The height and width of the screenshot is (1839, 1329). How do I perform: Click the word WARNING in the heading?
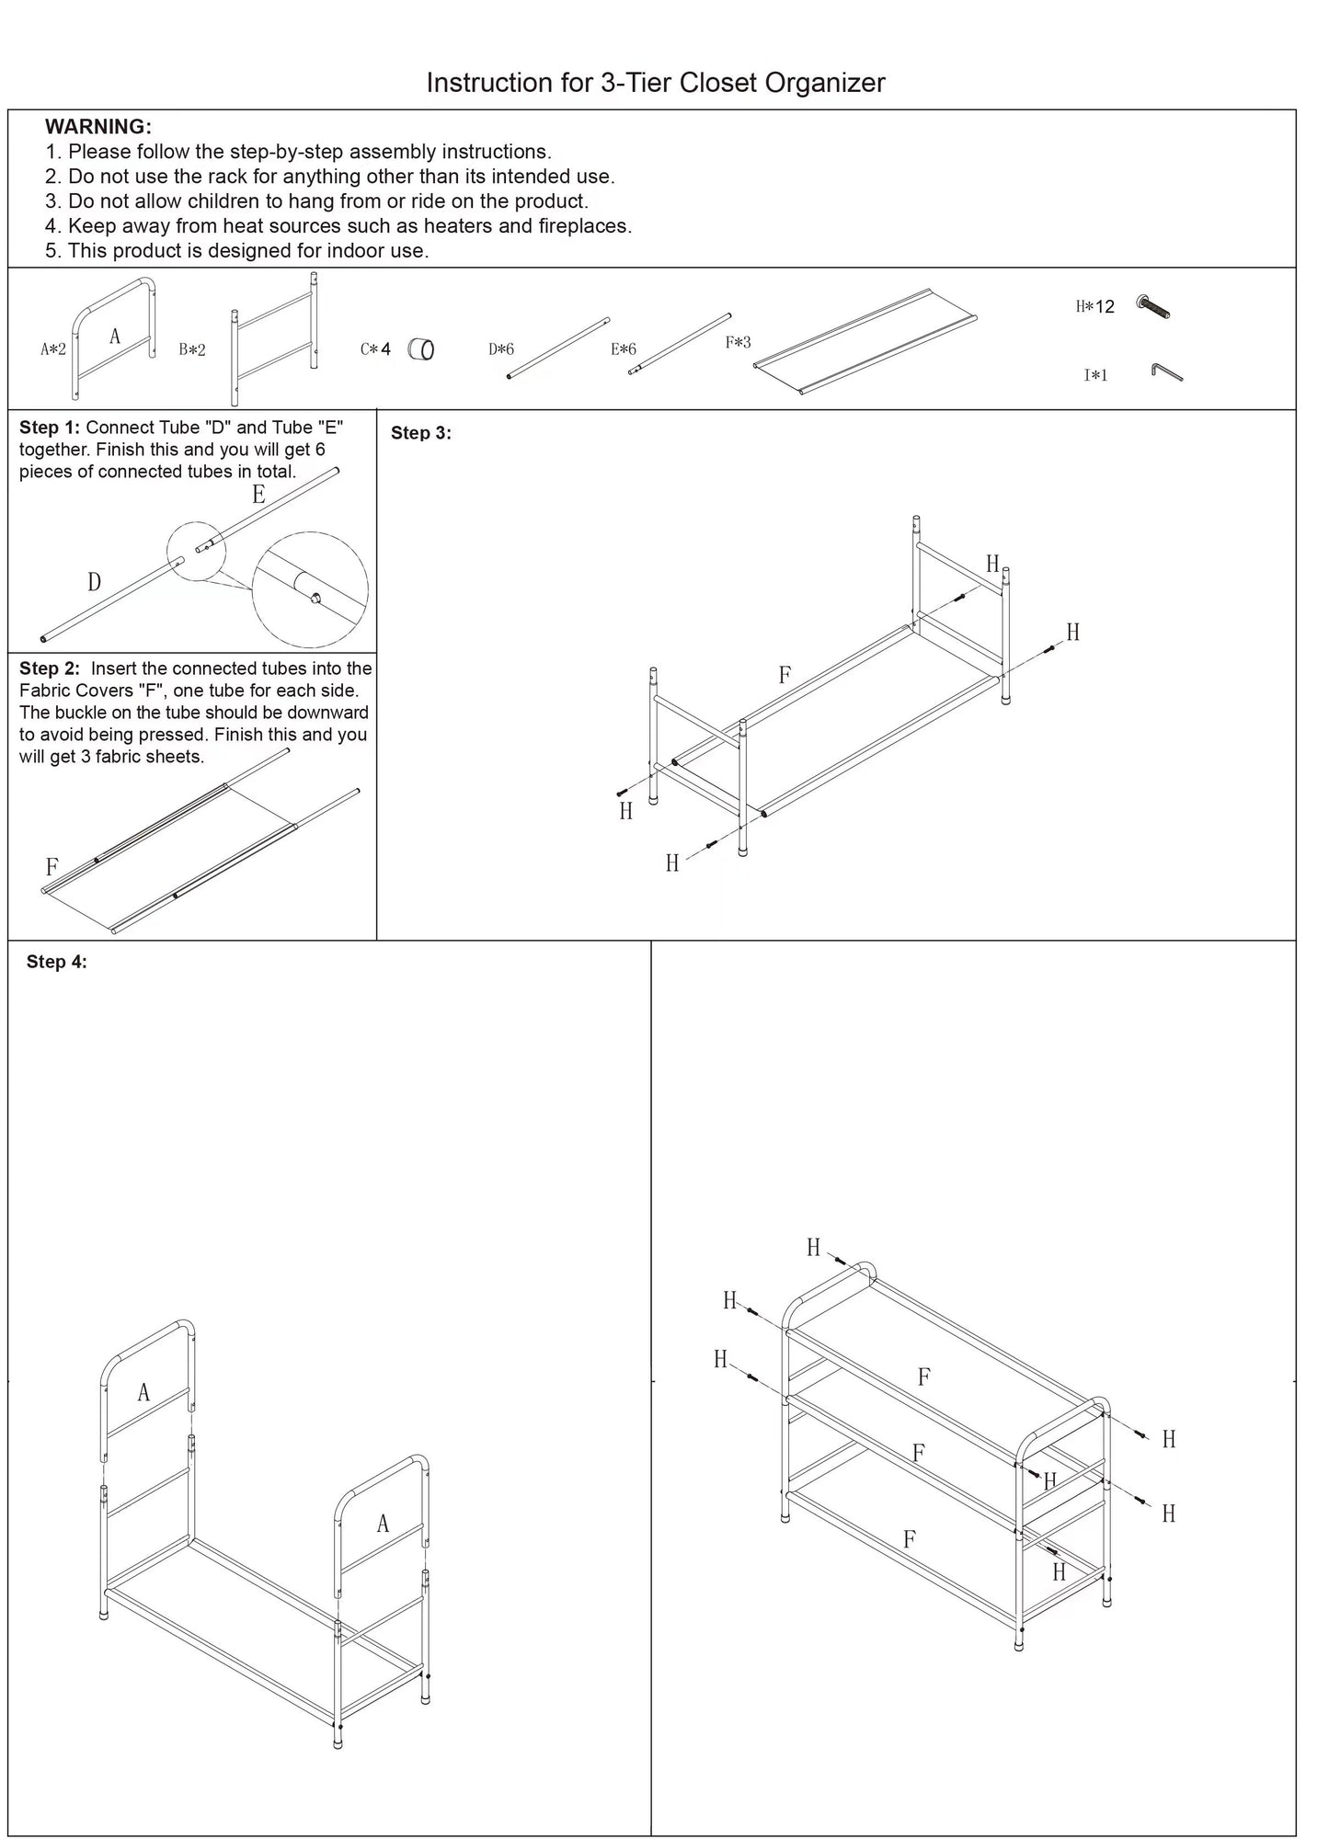click(x=97, y=127)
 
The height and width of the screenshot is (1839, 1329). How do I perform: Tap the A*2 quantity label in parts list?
click(x=53, y=349)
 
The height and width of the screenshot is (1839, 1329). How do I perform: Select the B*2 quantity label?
click(x=192, y=349)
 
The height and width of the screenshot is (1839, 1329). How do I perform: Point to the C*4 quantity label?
click(x=375, y=349)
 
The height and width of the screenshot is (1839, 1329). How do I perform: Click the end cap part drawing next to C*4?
click(x=421, y=349)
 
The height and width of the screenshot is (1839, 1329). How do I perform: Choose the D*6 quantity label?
click(x=501, y=349)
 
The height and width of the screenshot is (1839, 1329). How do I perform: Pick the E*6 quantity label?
click(x=624, y=349)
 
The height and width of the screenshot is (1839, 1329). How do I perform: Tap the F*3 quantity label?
click(x=738, y=343)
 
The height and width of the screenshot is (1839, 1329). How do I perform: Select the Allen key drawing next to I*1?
click(x=1166, y=371)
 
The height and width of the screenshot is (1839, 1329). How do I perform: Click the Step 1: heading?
click(x=50, y=428)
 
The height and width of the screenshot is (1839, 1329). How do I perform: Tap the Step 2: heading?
click(x=50, y=668)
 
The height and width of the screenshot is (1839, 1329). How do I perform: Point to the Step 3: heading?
click(x=421, y=433)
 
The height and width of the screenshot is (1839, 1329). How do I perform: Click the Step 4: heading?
click(x=57, y=962)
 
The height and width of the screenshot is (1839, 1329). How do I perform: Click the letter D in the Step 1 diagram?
click(x=94, y=582)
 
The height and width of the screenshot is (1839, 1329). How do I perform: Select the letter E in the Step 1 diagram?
click(x=258, y=496)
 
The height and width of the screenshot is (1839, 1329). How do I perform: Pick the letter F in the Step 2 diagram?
click(x=52, y=867)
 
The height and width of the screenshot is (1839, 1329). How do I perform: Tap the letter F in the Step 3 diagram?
click(x=785, y=676)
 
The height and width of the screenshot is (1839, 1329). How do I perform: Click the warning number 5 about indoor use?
click(x=52, y=251)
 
